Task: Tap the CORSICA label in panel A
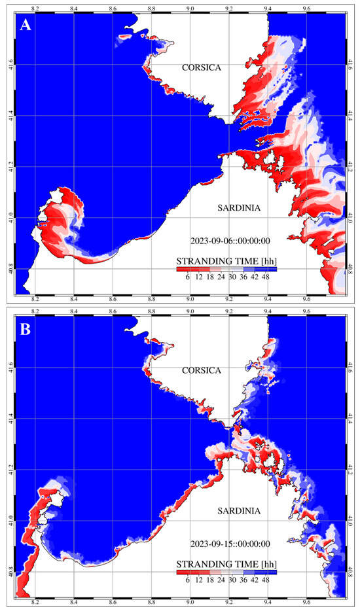(x=202, y=67)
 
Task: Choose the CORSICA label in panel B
(x=202, y=370)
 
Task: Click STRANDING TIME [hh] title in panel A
(x=226, y=261)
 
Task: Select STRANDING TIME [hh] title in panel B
(x=226, y=563)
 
